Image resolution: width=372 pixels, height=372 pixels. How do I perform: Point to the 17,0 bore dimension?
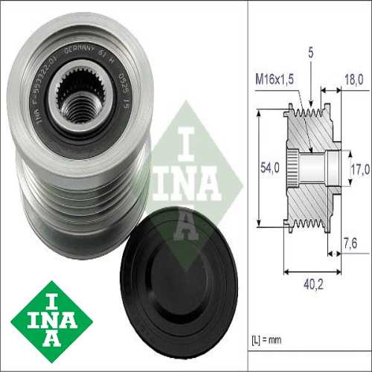point(359,169)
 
